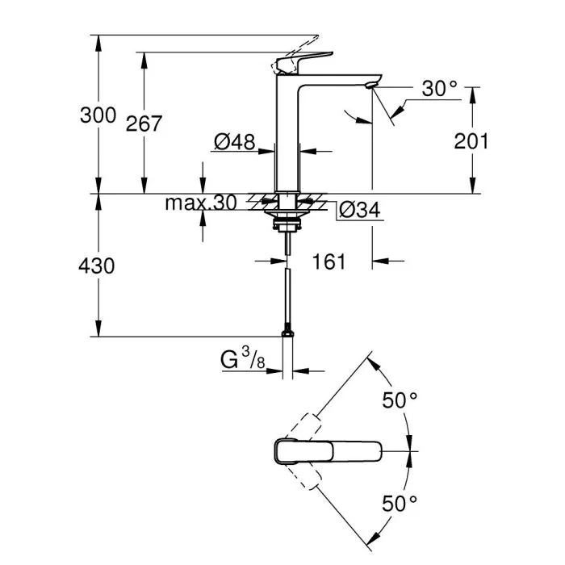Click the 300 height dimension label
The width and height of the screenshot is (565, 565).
pos(98,115)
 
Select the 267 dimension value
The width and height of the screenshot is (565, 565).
pos(144,123)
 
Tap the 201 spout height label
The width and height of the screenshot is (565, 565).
pos(471,141)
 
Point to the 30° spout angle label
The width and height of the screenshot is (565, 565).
pos(439,89)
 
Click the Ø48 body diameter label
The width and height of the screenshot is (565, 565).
pos(234,143)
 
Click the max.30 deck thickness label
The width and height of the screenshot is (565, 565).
pos(201,203)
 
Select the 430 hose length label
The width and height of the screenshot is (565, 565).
pos(98,266)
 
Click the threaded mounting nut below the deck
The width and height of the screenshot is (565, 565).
pos(287,218)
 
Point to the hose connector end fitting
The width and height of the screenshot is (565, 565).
pos(287,332)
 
